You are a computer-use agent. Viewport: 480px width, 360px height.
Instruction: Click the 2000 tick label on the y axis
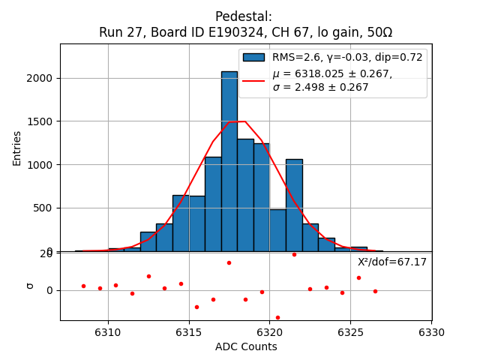click(43, 78)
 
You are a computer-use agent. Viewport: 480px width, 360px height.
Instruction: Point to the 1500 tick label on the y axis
click(43, 121)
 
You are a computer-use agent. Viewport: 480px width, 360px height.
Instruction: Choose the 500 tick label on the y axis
click(46, 208)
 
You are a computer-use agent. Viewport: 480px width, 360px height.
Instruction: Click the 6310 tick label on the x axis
click(108, 332)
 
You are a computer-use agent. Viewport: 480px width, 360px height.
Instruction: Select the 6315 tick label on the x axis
click(189, 332)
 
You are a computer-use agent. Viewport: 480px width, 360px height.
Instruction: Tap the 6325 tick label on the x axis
click(350, 332)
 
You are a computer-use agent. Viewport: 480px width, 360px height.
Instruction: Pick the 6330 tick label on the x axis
click(431, 332)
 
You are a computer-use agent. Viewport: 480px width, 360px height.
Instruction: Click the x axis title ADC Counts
click(246, 346)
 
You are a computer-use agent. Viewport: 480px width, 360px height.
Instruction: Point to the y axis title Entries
click(17, 147)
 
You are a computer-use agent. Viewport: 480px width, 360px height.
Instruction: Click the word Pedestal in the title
click(243, 16)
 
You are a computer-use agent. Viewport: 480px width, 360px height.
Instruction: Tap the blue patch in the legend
click(253, 57)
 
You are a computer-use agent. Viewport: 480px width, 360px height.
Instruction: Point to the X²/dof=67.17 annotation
click(391, 262)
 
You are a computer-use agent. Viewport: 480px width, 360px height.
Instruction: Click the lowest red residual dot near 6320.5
click(277, 317)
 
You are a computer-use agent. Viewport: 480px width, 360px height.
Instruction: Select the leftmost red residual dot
click(83, 286)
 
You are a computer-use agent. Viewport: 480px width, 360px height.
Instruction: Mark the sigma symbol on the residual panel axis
click(30, 286)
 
